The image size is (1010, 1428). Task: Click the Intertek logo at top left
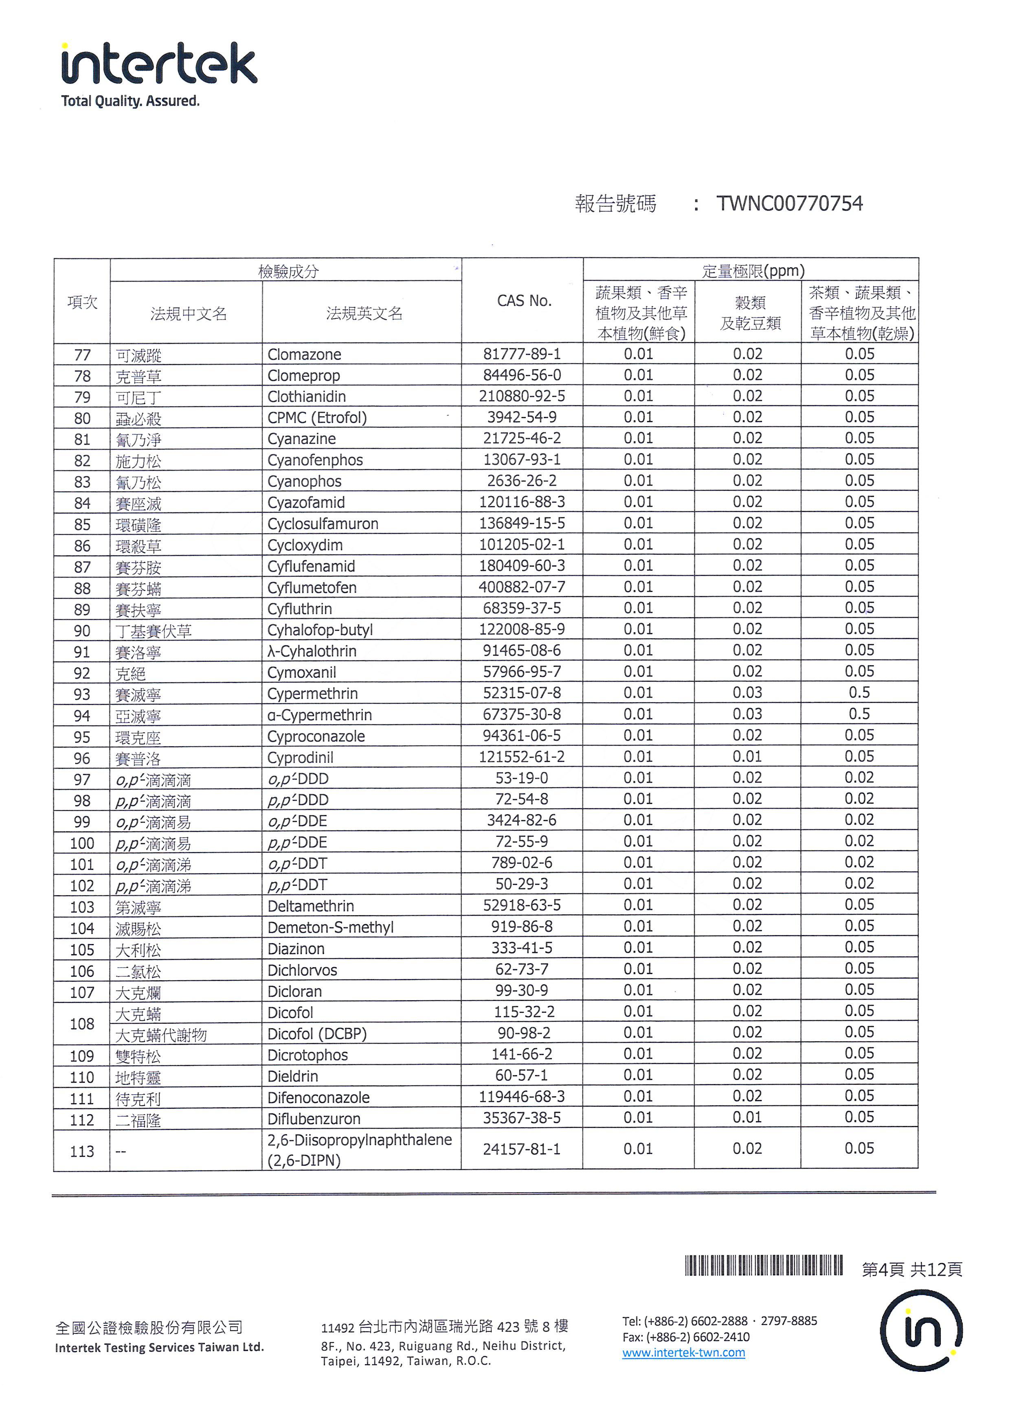tap(159, 64)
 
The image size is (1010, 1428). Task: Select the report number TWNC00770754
tap(789, 204)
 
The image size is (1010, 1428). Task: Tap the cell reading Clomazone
tap(304, 355)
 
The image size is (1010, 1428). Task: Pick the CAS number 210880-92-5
tap(521, 396)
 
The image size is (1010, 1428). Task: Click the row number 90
tap(82, 631)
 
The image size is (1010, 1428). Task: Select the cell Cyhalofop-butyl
tap(320, 630)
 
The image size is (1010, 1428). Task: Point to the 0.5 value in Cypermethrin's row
tap(859, 693)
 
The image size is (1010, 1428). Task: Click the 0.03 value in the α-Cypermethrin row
tap(747, 714)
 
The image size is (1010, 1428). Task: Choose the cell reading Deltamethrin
tap(310, 906)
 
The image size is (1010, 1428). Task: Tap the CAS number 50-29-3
tap(521, 884)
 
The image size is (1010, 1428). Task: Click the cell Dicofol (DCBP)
tap(317, 1034)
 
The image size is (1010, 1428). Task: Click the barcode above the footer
tap(764, 1266)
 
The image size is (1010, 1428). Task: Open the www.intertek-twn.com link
tap(683, 1353)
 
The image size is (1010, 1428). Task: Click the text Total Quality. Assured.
tap(130, 101)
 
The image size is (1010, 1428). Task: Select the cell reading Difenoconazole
tap(318, 1098)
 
